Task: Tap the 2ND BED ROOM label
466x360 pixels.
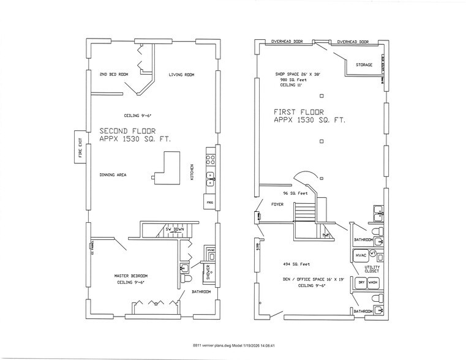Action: [x=114, y=75]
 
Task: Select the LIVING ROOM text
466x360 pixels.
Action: [x=181, y=75]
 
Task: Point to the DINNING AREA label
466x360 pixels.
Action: [x=113, y=175]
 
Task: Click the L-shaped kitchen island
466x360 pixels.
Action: [x=165, y=172]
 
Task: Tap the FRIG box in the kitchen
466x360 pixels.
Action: [x=209, y=201]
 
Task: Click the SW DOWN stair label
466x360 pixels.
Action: [x=175, y=230]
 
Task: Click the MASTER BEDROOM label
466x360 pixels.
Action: [x=130, y=276]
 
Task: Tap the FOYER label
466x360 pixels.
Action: [x=277, y=205]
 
